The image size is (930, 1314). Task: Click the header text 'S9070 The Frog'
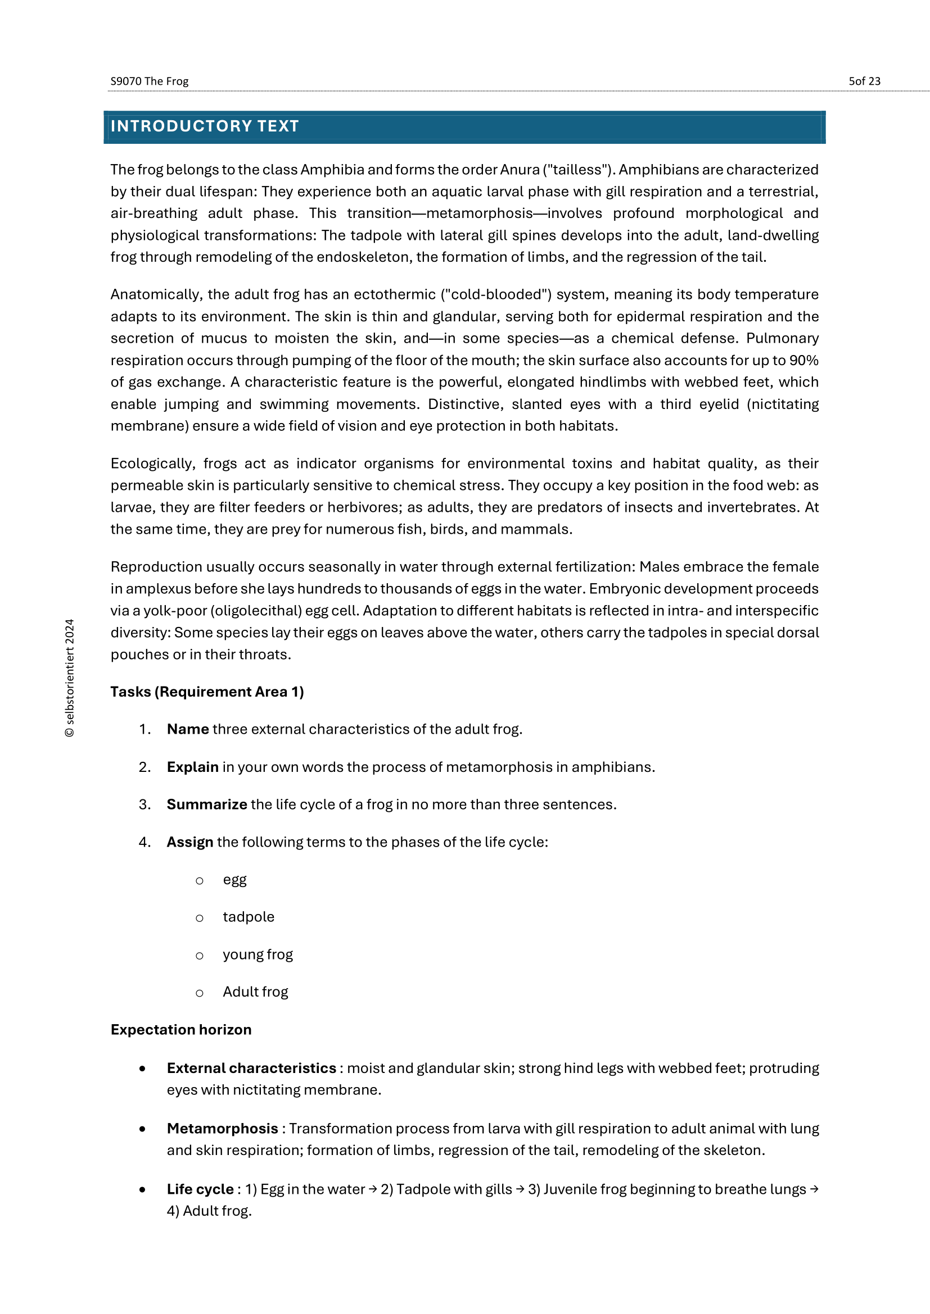[x=149, y=81]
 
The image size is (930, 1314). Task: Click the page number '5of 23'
[x=864, y=81]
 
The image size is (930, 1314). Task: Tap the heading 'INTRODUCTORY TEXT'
[x=205, y=126]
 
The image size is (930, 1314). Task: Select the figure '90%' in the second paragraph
[x=803, y=361]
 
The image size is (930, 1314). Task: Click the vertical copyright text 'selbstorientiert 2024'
[x=70, y=678]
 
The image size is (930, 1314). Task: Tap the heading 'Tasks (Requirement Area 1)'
[x=207, y=692]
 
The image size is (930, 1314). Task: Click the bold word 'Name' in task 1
[x=188, y=730]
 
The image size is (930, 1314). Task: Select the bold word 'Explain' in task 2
[x=192, y=767]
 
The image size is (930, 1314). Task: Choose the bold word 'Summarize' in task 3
[x=207, y=804]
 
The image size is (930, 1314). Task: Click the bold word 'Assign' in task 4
[x=190, y=843]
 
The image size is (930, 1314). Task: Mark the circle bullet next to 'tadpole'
[x=199, y=918]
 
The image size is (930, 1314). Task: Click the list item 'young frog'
[x=258, y=954]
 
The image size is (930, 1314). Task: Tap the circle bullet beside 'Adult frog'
[x=199, y=993]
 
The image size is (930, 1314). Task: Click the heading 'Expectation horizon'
[x=181, y=1030]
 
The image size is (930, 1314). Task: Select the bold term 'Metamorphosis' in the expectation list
[x=222, y=1129]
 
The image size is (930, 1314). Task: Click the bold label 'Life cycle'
[x=200, y=1189]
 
